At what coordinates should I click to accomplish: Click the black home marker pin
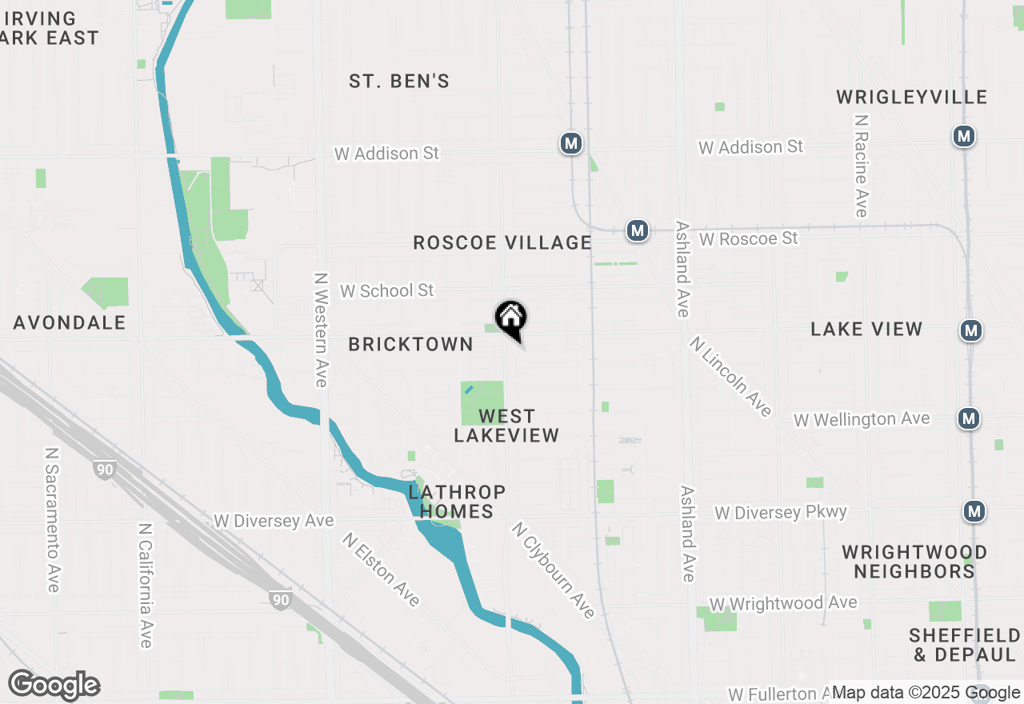pos(511,319)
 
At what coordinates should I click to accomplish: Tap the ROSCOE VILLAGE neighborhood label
pos(502,242)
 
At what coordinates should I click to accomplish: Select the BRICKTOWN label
pos(411,344)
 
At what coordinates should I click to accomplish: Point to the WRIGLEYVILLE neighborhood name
pos(912,97)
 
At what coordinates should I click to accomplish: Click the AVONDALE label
pos(70,322)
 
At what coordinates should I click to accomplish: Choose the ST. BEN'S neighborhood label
pos(399,81)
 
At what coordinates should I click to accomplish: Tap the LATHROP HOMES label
pos(457,501)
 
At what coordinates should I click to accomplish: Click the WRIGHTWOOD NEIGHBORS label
pos(914,562)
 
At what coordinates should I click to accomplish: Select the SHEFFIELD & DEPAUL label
pos(964,645)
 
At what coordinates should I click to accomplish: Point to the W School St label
pos(387,290)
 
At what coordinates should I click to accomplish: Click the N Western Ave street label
pos(321,329)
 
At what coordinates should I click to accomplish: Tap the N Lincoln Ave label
pos(730,376)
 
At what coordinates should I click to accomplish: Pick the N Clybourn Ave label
pos(554,570)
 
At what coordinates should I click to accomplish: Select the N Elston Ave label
pos(381,569)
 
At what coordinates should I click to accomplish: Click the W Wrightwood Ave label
pos(783,603)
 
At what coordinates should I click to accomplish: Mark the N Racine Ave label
pos(861,166)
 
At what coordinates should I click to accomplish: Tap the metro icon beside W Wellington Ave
pos(970,418)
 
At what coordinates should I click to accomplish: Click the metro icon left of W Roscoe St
pos(637,230)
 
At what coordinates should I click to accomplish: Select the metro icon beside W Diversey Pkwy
pos(974,510)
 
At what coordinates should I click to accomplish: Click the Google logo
pos(54,686)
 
